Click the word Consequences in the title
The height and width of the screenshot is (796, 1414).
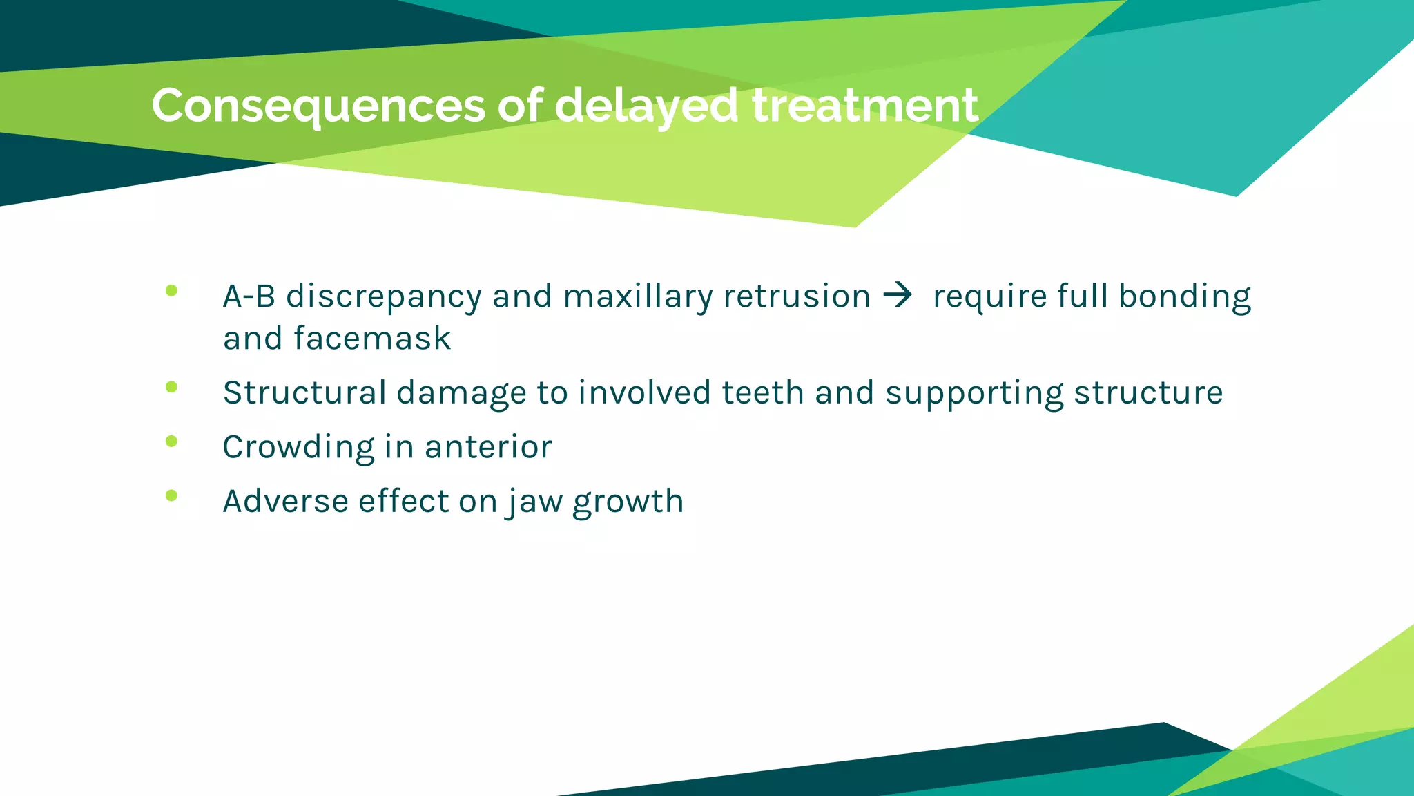click(318, 106)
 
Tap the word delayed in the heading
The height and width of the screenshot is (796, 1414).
click(646, 106)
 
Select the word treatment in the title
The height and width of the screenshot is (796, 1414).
click(864, 106)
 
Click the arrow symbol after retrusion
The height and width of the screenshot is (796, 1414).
click(898, 296)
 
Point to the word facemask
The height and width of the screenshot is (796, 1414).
click(372, 339)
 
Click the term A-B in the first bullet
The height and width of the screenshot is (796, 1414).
click(249, 296)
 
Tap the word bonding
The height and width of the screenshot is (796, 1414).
click(1184, 296)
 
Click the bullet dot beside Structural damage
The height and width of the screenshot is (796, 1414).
click(172, 388)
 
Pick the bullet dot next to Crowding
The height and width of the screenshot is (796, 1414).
click(172, 442)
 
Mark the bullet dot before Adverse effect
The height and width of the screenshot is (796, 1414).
click(172, 495)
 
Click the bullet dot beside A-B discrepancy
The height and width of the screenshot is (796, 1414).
click(172, 291)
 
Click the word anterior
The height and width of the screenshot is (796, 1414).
click(488, 447)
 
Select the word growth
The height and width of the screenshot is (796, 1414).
click(628, 502)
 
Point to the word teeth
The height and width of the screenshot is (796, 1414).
click(763, 392)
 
